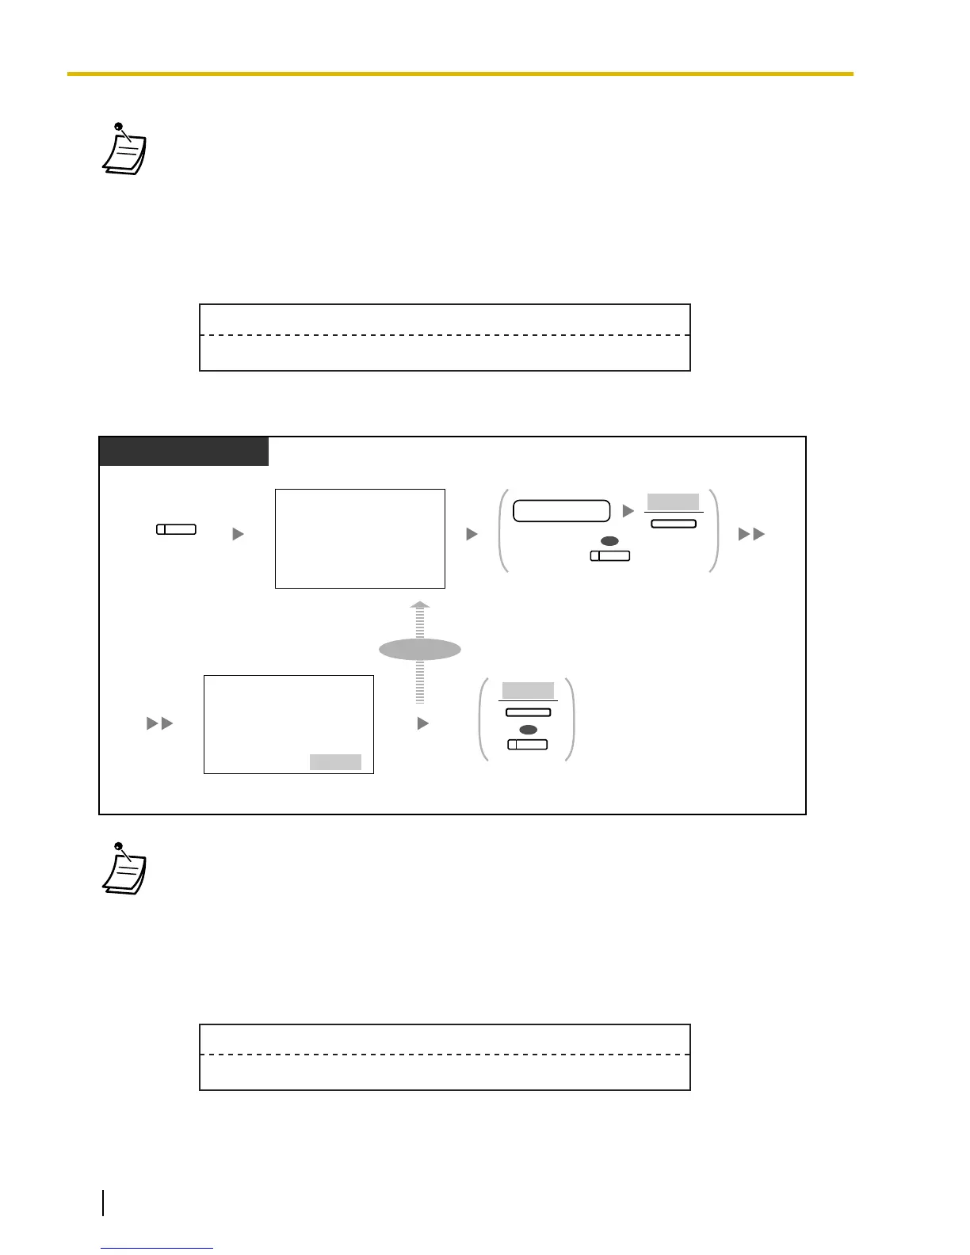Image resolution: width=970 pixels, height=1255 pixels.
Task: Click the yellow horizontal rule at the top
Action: [460, 74]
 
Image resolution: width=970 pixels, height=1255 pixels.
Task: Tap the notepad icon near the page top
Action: [125, 150]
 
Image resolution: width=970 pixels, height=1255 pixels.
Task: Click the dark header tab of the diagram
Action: [184, 452]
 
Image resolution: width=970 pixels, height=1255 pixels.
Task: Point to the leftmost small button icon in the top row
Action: [176, 529]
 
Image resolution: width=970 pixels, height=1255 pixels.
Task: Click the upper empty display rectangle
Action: [360, 539]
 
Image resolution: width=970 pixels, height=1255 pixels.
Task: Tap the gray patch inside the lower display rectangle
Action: [335, 762]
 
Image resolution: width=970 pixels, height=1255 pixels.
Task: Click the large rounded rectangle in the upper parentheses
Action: [562, 511]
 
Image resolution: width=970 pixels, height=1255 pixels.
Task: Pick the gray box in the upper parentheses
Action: [674, 502]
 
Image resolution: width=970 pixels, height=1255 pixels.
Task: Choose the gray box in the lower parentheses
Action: [528, 690]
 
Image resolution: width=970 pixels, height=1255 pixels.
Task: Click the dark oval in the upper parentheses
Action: [609, 541]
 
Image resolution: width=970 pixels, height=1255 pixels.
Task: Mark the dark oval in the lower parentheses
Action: [528, 730]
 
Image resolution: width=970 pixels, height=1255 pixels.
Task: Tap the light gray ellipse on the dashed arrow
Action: [420, 650]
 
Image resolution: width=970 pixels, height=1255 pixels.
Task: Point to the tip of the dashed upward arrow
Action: [420, 604]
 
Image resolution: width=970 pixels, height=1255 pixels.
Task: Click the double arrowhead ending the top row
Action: [751, 535]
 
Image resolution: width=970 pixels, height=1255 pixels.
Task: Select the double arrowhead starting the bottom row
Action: [160, 723]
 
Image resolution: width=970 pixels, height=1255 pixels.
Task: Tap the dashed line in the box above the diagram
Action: [445, 335]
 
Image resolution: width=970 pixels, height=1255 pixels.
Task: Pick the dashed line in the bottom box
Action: [445, 1055]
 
